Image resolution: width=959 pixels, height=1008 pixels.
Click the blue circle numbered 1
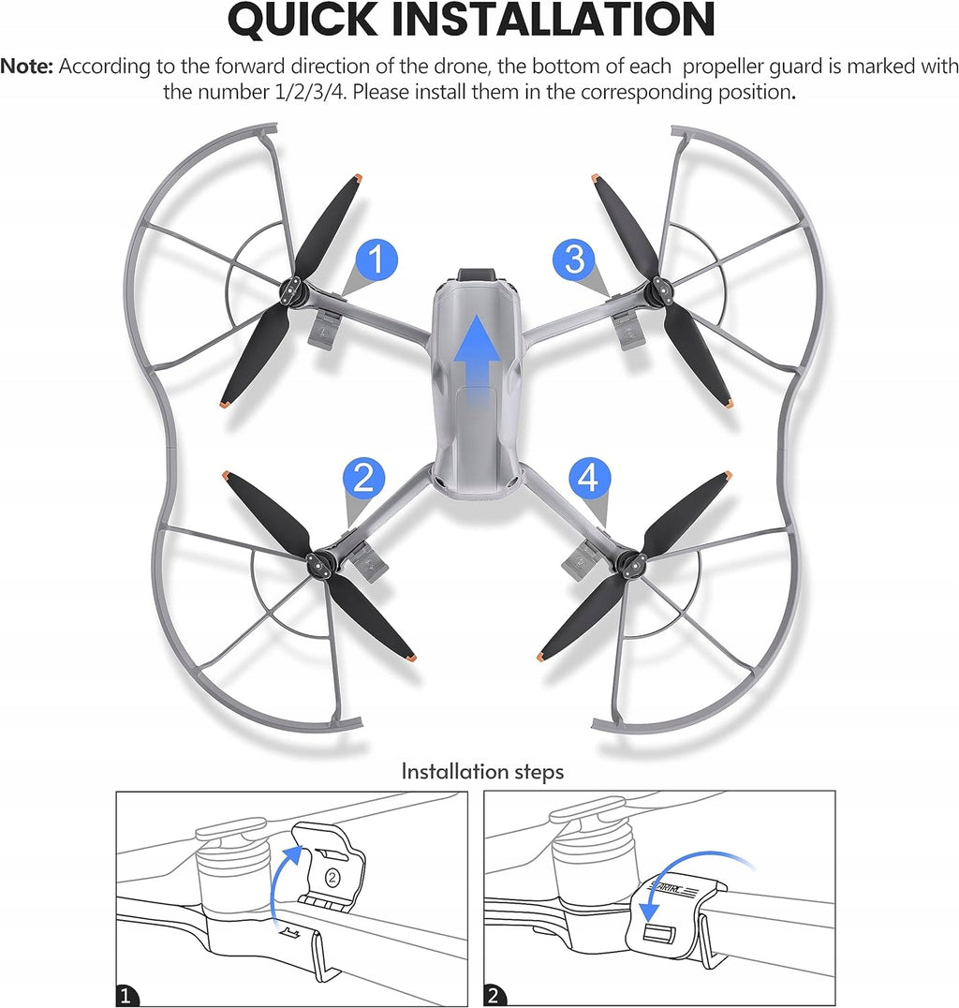(376, 259)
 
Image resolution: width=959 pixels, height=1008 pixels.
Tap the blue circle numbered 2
(363, 478)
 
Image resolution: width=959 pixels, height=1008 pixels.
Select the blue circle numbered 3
(574, 259)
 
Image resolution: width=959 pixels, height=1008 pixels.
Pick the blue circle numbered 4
(589, 478)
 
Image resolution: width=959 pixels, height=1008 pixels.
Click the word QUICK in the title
(302, 20)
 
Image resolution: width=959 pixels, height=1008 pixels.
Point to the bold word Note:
(26, 67)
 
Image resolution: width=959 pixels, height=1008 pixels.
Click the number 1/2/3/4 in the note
(310, 92)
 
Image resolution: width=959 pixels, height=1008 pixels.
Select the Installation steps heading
(482, 771)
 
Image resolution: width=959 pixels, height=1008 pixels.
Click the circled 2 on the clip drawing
(332, 877)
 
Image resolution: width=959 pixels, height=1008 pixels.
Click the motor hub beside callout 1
(292, 291)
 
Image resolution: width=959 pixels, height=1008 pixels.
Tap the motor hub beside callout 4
(627, 563)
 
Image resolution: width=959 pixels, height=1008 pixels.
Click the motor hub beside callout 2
(318, 563)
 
